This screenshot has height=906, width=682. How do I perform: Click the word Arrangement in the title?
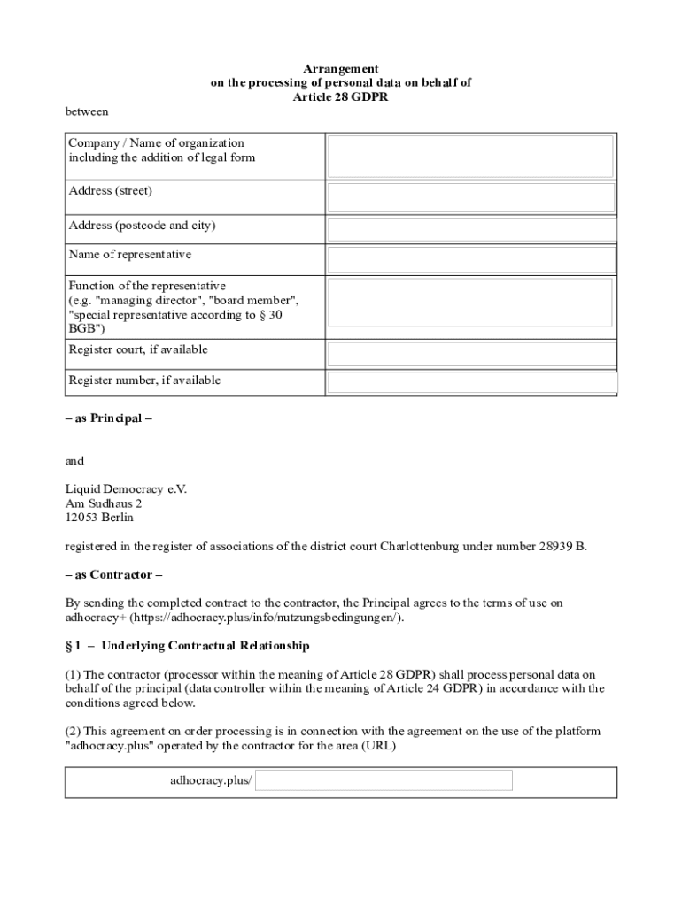tap(341, 68)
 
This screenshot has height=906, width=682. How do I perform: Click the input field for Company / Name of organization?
tap(471, 157)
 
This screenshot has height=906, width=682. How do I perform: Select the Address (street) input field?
tap(471, 197)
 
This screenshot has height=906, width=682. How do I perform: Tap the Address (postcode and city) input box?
tap(471, 230)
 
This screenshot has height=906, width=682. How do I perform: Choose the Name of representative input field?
tap(471, 259)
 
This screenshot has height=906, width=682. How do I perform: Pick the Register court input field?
tap(471, 354)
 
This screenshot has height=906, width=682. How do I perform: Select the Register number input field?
tap(471, 382)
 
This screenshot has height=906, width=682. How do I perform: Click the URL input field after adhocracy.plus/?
tap(384, 780)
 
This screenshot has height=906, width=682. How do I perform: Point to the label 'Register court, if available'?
tap(138, 349)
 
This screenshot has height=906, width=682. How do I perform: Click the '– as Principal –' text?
tap(108, 418)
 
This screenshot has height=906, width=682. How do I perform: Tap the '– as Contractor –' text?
tap(113, 575)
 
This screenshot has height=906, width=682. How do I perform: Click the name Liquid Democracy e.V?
tap(126, 489)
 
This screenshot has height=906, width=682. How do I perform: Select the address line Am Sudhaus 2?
tap(103, 503)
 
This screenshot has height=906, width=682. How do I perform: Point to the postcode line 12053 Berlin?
tap(99, 518)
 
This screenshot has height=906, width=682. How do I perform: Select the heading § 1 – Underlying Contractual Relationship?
tap(187, 646)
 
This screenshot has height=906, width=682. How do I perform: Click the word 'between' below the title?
tap(87, 111)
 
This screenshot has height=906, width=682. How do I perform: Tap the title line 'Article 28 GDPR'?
tap(341, 97)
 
